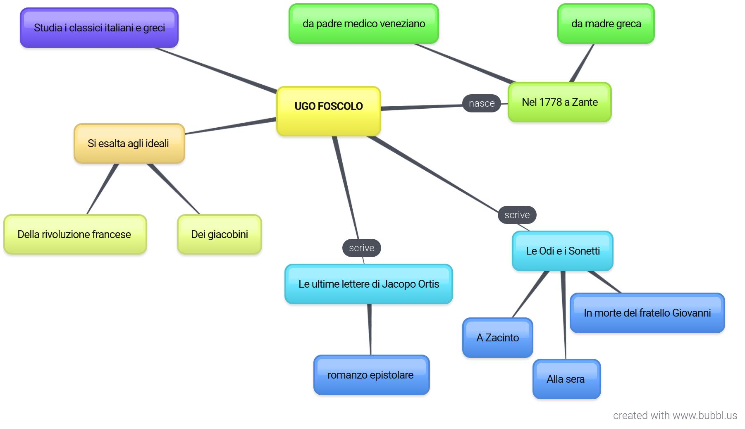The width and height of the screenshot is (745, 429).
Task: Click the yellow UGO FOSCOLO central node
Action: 329,111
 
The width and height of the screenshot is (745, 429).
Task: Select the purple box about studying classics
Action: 99,28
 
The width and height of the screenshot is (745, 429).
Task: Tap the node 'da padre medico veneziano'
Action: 364,24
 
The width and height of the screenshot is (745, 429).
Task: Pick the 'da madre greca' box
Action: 606,24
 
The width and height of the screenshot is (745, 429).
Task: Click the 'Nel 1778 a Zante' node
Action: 560,102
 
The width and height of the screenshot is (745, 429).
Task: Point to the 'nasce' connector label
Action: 482,103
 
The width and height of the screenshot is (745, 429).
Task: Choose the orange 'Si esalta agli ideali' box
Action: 129,143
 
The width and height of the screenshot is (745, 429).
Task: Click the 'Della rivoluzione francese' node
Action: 75,234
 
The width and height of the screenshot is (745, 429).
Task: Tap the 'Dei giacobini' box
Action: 220,234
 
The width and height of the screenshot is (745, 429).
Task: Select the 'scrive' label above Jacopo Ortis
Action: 362,248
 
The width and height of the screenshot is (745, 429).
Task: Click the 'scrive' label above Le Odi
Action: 517,215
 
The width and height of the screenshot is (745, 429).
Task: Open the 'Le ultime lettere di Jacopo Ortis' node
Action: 369,284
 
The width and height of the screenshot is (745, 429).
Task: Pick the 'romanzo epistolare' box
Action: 372,375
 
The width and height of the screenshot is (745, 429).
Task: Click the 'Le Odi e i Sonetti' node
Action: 563,251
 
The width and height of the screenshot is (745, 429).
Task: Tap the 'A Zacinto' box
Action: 498,338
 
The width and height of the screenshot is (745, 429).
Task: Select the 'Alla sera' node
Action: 567,379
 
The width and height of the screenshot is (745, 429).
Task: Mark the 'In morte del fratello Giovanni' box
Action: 647,313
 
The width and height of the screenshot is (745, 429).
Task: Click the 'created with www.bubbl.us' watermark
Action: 675,415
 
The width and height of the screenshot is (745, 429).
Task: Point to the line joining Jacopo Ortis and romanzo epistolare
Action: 370,329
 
